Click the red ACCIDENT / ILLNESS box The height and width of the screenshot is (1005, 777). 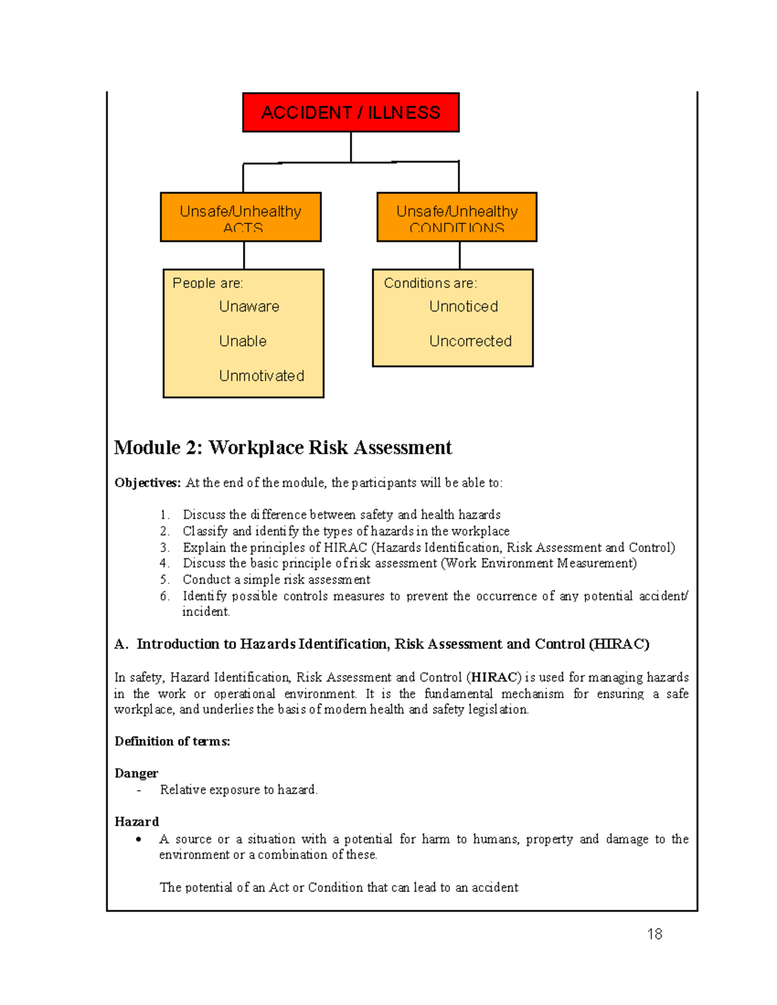point(350,113)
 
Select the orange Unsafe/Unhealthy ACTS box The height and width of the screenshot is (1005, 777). point(240,217)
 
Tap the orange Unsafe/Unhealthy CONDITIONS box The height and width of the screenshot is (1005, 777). point(456,217)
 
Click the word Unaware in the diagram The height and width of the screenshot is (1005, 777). point(249,307)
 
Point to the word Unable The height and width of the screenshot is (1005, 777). point(242,341)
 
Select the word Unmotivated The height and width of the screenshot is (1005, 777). point(261,376)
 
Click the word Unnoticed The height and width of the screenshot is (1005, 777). point(463,307)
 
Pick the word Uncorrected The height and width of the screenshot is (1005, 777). point(470,341)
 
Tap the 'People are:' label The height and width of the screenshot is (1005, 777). point(207,283)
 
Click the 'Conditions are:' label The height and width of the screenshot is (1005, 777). point(430,283)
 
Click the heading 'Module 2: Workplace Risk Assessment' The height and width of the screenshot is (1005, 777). point(283,448)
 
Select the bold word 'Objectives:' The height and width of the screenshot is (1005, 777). point(148,483)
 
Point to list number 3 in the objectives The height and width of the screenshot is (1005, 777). point(164,547)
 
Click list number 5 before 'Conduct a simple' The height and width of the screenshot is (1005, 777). point(164,580)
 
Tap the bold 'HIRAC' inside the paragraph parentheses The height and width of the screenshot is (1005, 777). point(495,678)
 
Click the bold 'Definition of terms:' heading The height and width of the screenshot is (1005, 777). point(172,742)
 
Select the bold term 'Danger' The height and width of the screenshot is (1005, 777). point(136,773)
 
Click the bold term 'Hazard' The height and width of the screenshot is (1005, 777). point(136,822)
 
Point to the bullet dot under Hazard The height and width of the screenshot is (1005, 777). point(139,840)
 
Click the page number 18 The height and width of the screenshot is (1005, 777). point(654,934)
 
